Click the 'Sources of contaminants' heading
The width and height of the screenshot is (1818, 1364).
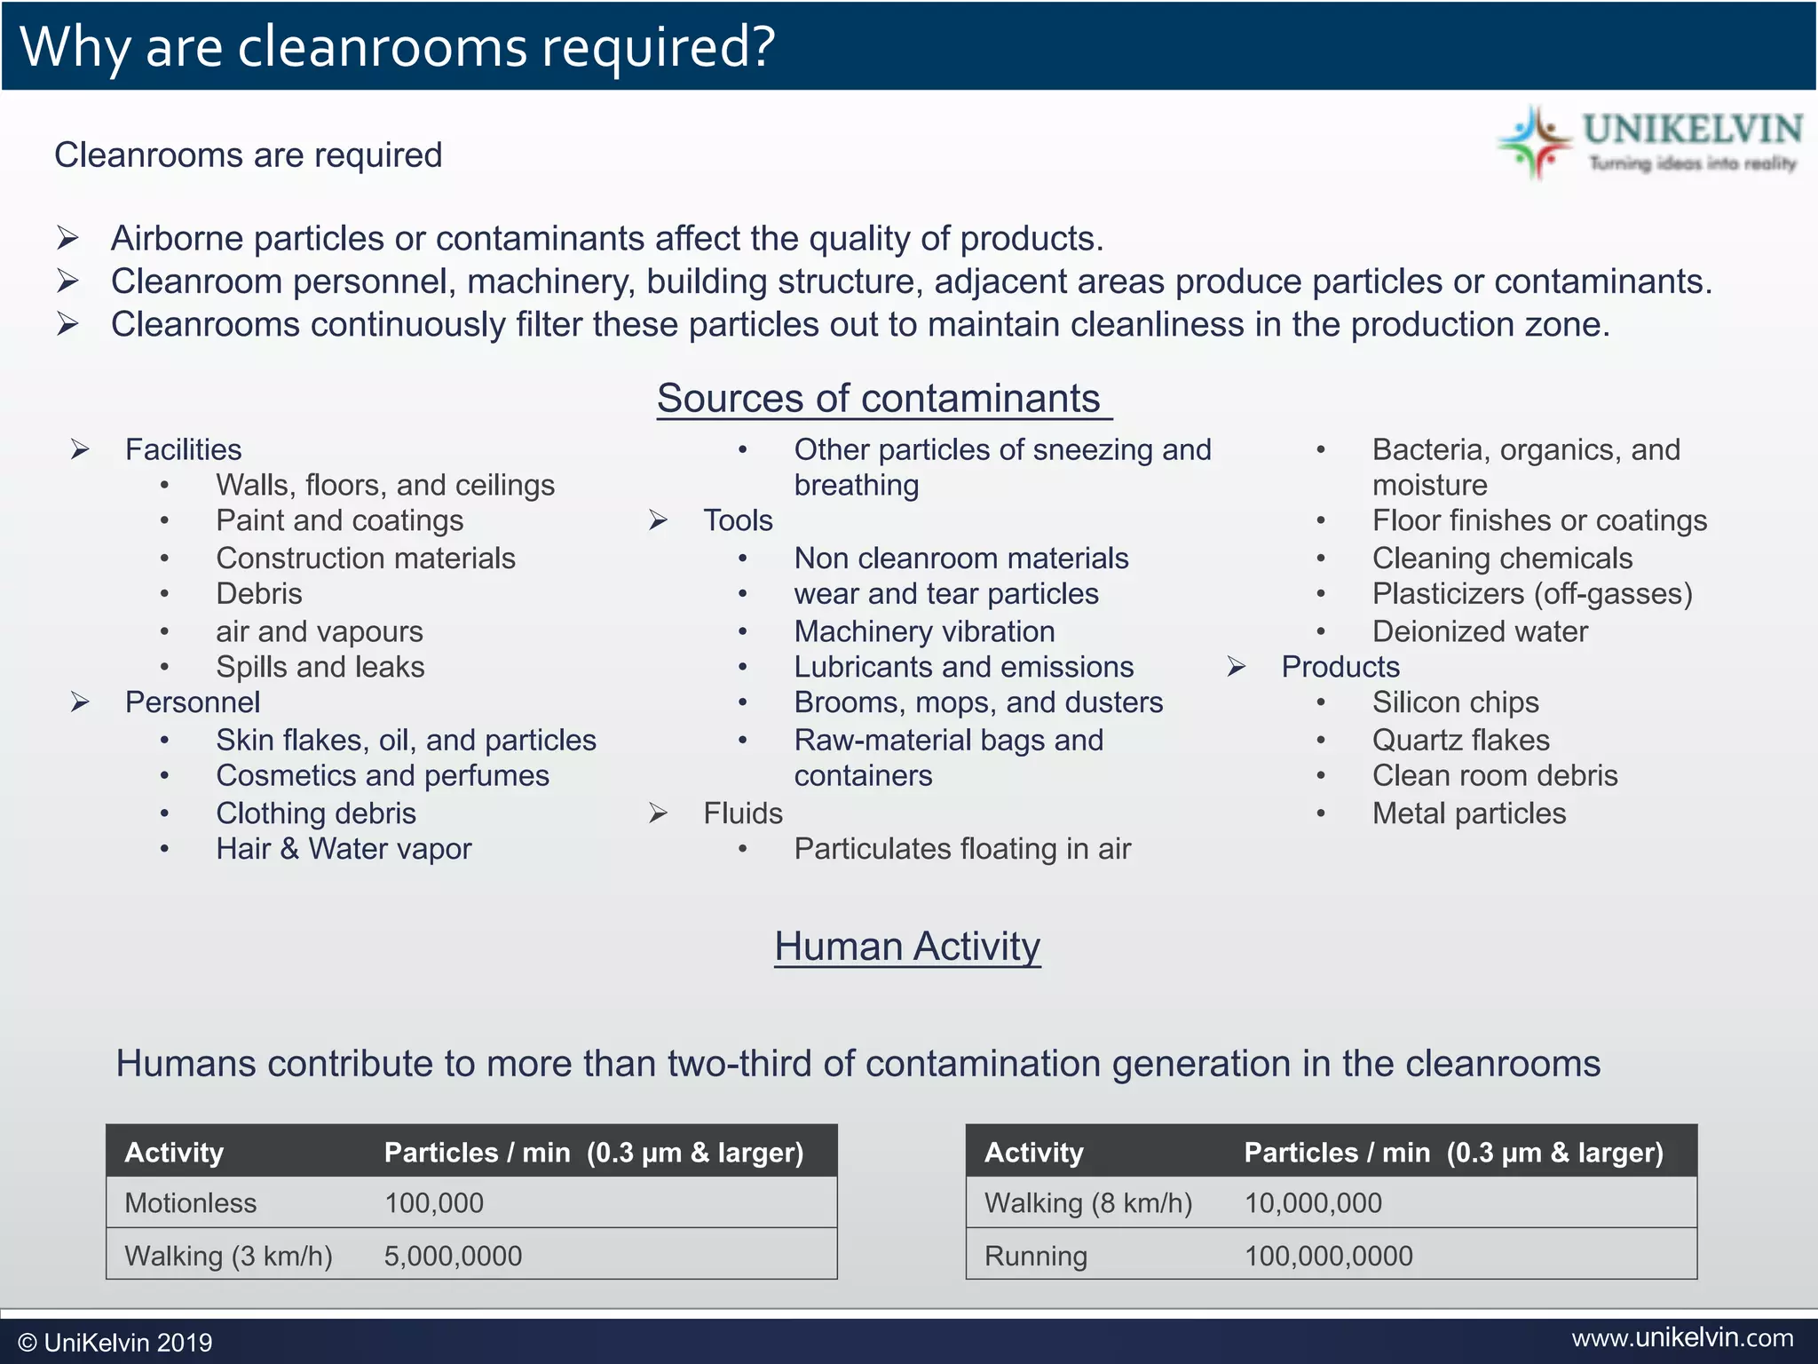879,399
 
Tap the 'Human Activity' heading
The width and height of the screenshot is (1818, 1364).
906,947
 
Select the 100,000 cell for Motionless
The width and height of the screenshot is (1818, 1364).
434,1203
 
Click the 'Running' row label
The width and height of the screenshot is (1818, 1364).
1035,1256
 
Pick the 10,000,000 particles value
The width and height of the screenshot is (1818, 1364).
1313,1203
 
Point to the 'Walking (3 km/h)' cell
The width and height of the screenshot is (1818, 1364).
228,1256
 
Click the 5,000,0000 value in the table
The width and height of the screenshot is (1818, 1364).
453,1256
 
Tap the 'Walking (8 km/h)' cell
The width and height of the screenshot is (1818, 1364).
1088,1203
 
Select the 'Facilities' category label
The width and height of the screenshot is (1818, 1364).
183,450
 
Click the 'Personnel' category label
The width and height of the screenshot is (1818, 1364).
193,702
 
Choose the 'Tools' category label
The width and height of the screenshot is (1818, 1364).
738,520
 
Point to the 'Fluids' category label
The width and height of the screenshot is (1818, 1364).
743,813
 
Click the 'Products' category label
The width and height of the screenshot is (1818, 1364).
1340,667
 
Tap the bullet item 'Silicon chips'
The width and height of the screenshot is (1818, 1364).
1455,702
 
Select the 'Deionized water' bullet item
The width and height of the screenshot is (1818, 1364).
1480,631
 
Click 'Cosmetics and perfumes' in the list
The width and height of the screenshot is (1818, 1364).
383,776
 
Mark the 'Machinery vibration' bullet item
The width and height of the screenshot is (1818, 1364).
924,631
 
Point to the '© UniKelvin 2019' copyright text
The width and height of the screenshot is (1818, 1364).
115,1342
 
